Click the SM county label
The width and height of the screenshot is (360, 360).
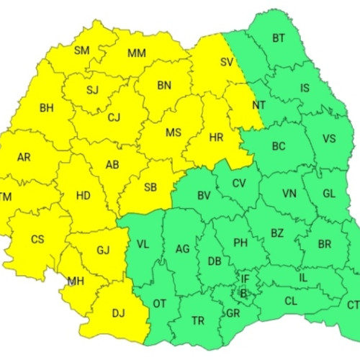coord(81,50)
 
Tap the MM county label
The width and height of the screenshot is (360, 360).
coord(137,53)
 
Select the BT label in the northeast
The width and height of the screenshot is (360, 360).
coord(278,39)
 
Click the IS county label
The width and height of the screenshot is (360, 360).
coord(305,89)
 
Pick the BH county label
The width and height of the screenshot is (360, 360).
coord(47,108)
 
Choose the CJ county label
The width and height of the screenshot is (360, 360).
coord(114,117)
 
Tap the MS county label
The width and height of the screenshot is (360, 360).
coord(173,133)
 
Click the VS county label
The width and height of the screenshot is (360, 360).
coord(329,139)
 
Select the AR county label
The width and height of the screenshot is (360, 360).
coord(24,157)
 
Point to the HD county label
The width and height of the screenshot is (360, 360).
coord(83,194)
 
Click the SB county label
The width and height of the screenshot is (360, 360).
coord(150,187)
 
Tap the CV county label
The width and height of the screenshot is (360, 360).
coord(239,182)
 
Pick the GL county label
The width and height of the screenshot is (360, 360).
coord(329,194)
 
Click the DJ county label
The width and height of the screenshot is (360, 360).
coord(118,313)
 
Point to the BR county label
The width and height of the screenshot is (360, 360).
coord(325,243)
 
